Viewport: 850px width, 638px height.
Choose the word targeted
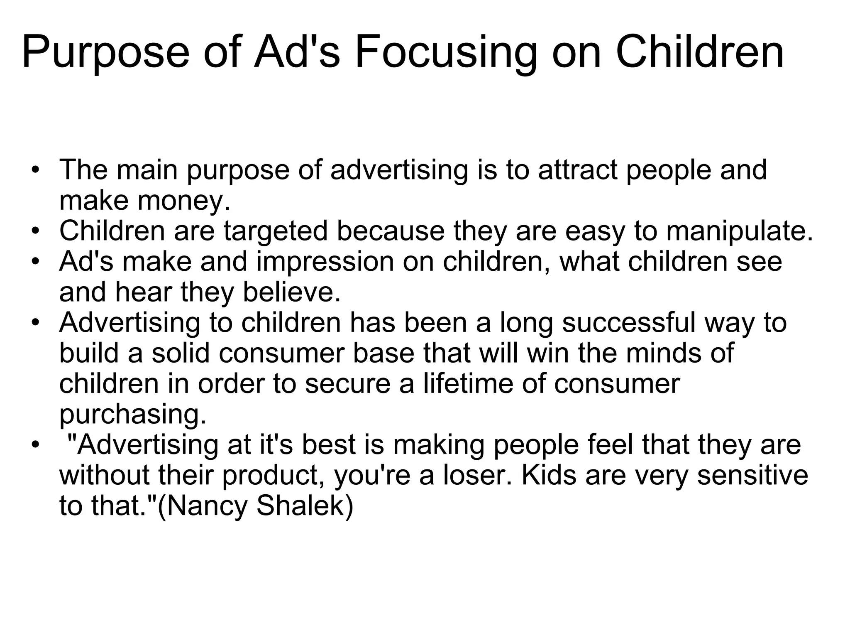coord(276,231)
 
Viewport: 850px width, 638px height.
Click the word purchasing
coord(133,414)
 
